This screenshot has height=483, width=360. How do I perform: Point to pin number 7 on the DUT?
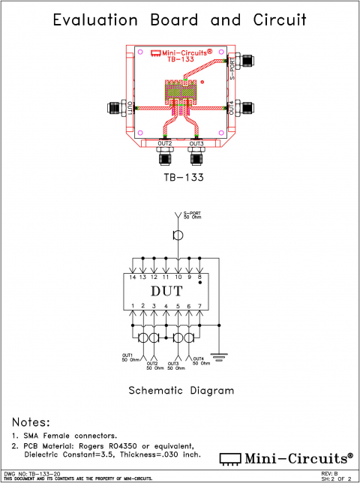point(200,306)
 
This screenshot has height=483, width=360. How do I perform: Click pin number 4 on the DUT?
point(166,306)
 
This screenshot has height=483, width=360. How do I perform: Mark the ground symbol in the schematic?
point(220,356)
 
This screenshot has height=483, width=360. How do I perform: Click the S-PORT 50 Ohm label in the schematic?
point(193,216)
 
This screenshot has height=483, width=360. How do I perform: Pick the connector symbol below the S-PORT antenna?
point(178,235)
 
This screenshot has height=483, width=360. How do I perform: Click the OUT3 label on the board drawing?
point(196,142)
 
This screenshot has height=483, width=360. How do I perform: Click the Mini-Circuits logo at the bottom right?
point(286,457)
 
